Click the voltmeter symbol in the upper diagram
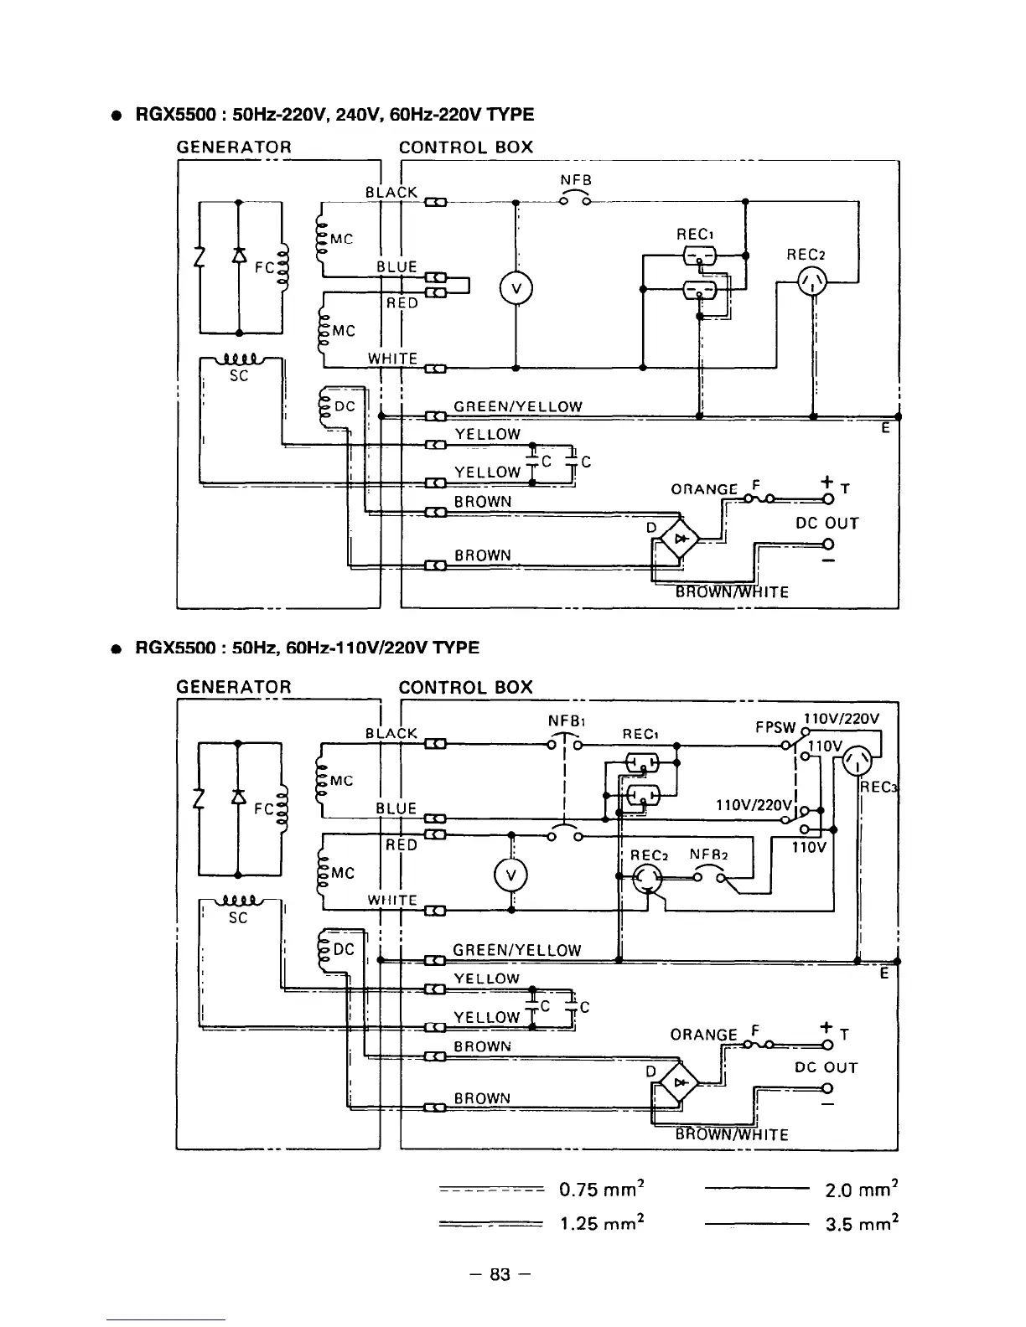[517, 290]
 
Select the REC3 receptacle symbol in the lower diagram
[859, 763]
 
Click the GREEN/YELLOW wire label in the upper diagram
[517, 407]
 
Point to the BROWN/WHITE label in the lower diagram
[732, 1135]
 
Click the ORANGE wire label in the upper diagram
[705, 489]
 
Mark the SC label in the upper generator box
[239, 376]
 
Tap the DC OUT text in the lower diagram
[826, 1067]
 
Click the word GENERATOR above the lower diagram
[234, 687]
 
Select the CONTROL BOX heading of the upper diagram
[465, 147]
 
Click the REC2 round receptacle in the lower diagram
[647, 878]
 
